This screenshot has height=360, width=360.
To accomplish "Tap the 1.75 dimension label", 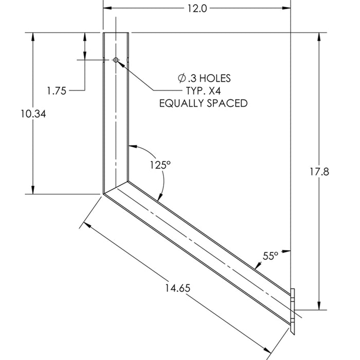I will tap(56, 91).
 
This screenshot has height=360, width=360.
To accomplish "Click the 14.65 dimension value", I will tap(178, 289).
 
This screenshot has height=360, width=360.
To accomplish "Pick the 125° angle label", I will tap(160, 165).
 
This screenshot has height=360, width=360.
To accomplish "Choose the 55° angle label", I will tap(271, 255).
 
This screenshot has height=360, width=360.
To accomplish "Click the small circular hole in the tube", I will tap(116, 61).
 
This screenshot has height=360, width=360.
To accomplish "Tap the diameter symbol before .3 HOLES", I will tap(182, 79).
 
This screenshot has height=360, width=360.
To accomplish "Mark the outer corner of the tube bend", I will tap(104, 193).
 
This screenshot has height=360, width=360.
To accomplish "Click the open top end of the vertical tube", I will tap(116, 33).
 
